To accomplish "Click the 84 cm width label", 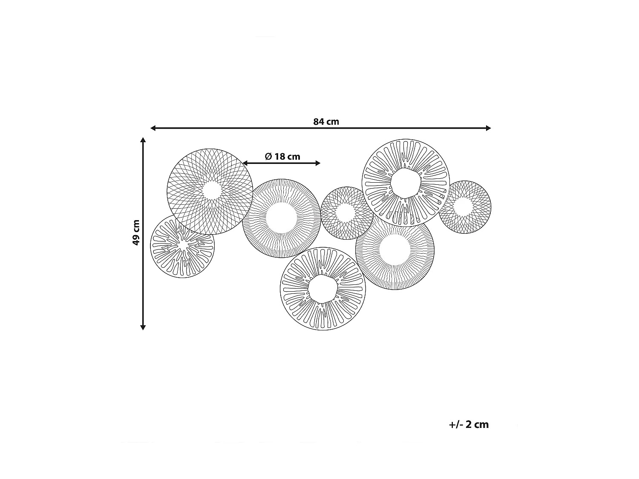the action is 326,122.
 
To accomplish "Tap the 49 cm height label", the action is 136,232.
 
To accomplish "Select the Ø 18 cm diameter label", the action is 282,156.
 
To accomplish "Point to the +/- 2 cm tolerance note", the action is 469,425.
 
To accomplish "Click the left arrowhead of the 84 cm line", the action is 153,128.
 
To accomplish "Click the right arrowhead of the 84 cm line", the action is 489,128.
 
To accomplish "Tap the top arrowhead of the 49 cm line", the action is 143,140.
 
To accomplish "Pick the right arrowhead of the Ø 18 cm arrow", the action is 318,163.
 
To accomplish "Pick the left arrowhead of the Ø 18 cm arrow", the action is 245,163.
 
